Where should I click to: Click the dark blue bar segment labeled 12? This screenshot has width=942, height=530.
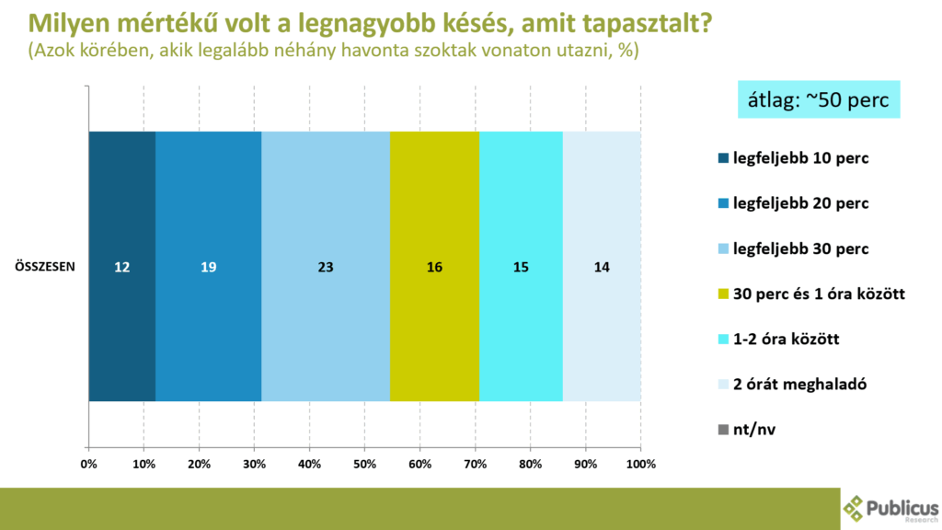point(121,267)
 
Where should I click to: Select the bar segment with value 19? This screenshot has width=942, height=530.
point(208,267)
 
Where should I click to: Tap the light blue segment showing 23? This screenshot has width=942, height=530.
point(326,267)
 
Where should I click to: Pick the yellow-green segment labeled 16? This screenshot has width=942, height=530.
point(434,267)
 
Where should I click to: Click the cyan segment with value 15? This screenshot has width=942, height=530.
point(521,267)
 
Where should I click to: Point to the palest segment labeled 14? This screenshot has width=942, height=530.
point(602,267)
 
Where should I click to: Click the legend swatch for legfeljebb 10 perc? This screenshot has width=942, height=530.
point(723,158)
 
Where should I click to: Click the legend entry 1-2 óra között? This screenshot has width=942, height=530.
point(786,340)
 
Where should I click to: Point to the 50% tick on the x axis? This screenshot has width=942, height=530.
point(364,465)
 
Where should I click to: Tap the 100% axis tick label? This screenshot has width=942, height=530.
point(640,465)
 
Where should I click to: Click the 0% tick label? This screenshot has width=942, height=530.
point(89,465)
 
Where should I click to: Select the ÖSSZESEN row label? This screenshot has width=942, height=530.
point(44,267)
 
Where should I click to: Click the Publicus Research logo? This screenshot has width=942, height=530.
point(890,509)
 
